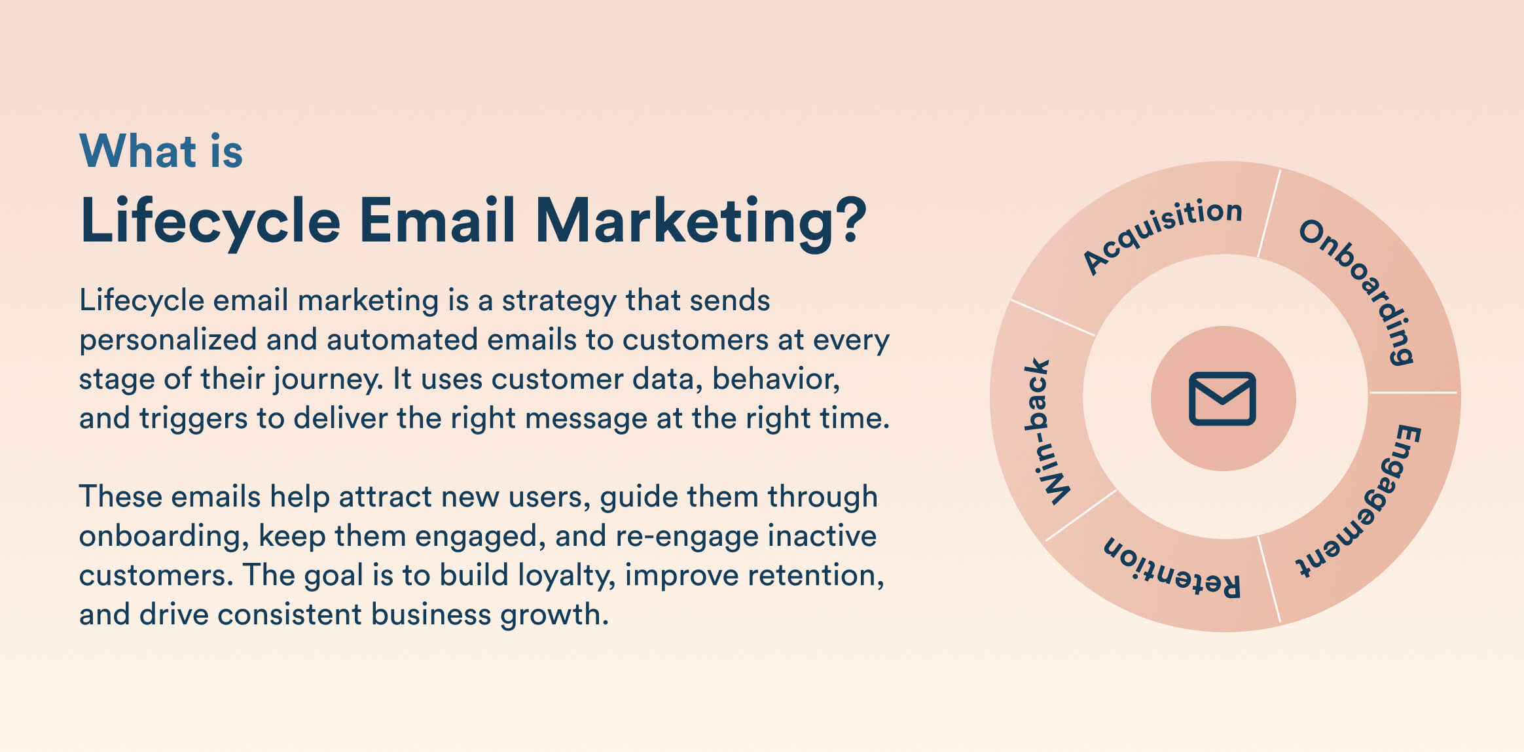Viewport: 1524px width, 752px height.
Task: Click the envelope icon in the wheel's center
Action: (x=1222, y=399)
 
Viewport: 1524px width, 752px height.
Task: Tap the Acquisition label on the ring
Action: (x=1161, y=234)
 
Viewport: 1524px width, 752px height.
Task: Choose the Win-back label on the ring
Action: (x=1046, y=432)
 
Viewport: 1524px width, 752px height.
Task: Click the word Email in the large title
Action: (x=437, y=221)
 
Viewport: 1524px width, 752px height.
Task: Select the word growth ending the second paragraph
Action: (x=553, y=615)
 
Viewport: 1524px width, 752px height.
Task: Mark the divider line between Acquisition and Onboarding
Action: (x=1269, y=214)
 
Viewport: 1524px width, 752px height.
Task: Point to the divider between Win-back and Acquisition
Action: (x=1052, y=318)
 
